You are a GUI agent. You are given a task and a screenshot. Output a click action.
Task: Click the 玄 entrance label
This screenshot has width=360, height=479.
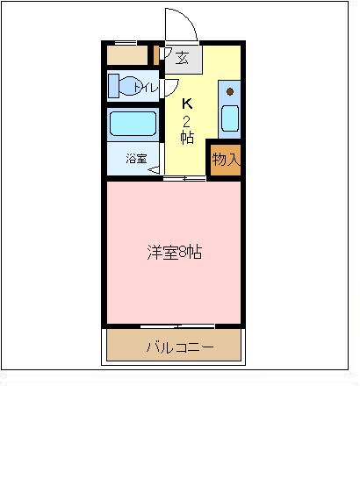click(182, 58)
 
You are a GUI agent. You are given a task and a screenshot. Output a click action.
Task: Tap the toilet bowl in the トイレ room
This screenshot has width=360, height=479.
click(130, 86)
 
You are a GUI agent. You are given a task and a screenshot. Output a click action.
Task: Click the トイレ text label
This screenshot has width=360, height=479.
click(146, 89)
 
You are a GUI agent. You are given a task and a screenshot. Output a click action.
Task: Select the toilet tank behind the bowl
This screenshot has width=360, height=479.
click(114, 86)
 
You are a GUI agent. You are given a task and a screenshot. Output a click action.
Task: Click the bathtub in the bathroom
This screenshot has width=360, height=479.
click(133, 124)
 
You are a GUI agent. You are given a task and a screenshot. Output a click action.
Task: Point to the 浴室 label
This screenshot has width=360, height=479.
click(136, 158)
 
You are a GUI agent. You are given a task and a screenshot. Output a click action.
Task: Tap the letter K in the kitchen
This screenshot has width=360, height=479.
click(187, 104)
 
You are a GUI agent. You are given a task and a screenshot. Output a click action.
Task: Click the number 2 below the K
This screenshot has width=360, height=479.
click(186, 121)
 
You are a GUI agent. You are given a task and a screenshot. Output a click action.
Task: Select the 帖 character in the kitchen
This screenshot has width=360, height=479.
click(187, 138)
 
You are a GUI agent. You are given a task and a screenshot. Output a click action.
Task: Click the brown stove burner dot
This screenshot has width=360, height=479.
click(230, 91)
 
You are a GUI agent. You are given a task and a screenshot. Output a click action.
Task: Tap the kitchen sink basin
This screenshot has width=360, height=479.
click(230, 118)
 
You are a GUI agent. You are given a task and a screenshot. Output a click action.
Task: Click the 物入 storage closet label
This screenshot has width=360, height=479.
click(225, 159)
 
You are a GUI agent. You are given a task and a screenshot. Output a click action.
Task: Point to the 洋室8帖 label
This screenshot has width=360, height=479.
click(174, 253)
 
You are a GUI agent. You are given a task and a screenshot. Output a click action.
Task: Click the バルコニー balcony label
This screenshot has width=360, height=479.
click(179, 347)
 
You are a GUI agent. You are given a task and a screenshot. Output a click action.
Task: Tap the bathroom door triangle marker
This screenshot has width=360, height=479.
click(155, 170)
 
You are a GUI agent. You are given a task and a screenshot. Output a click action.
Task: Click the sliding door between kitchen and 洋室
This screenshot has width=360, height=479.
click(184, 179)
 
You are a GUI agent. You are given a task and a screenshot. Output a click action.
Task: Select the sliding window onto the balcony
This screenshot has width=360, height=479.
click(177, 326)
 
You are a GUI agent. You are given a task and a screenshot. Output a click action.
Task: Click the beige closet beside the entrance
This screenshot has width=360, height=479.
click(127, 55)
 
